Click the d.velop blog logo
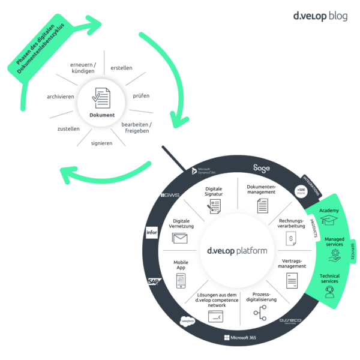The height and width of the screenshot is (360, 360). (318, 16)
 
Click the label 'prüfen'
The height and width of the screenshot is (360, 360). (141, 95)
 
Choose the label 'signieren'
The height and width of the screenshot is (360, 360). (101, 143)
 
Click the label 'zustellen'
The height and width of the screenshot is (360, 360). (68, 128)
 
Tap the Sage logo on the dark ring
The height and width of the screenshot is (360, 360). (262, 169)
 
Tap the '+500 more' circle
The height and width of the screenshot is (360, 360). (301, 191)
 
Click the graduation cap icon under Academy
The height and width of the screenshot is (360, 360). (329, 221)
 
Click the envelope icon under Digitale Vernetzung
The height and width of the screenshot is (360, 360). (180, 238)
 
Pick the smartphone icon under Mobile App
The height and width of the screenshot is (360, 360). (181, 280)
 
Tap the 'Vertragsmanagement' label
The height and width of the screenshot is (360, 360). (293, 263)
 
